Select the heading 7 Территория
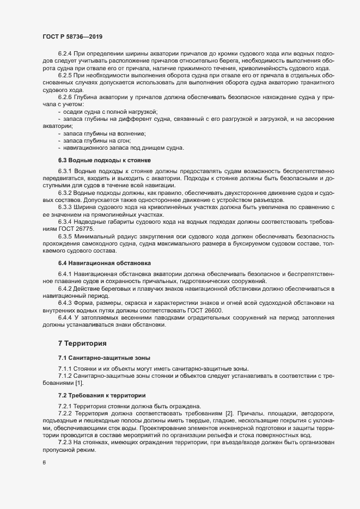[x=82, y=343]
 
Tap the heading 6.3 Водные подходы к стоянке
[x=103, y=160]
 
